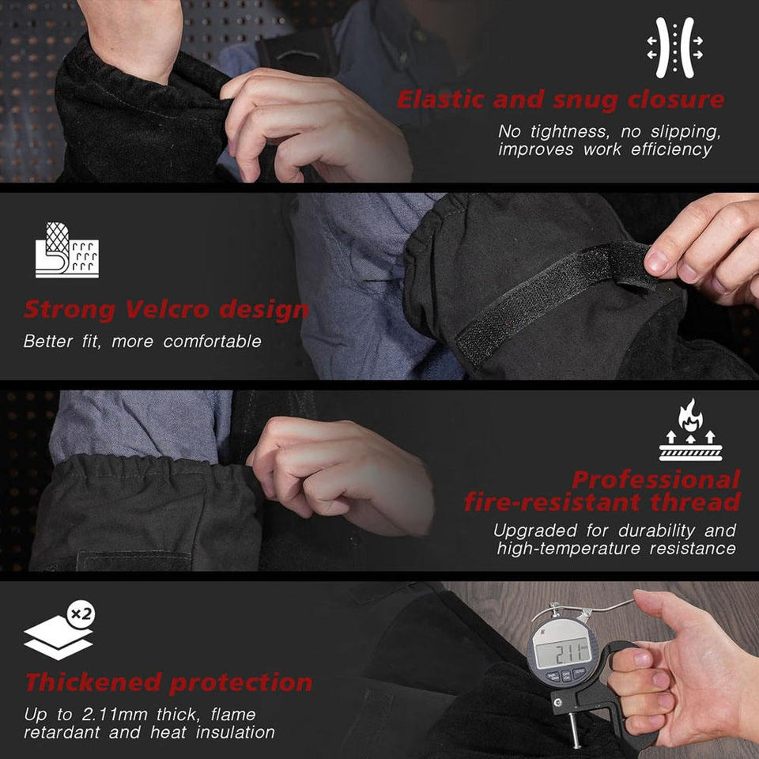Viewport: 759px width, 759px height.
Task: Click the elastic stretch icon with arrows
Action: point(674,47)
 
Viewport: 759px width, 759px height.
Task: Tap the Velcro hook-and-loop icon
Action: point(66,250)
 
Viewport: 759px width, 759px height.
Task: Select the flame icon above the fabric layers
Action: point(690,414)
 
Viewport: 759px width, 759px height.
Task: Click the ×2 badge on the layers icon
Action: point(81,614)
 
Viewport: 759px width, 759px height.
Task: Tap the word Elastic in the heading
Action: point(440,100)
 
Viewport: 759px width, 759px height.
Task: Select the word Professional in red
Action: point(656,480)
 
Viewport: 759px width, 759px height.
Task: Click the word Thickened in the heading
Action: point(93,682)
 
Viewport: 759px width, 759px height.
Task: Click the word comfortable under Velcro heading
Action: point(212,342)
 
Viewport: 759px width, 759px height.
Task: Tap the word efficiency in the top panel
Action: point(671,149)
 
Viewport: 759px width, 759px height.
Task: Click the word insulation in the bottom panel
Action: point(236,732)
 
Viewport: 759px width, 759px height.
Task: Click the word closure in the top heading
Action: point(676,100)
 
